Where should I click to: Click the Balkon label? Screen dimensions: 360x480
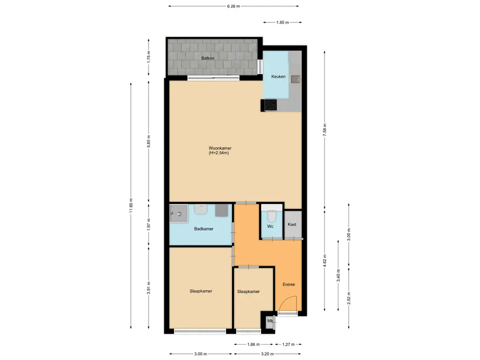208,58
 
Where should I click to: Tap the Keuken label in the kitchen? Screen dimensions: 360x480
278,77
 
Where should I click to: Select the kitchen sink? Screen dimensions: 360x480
295,79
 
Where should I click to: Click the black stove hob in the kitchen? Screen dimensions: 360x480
270,106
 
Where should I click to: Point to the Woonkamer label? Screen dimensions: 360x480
220,148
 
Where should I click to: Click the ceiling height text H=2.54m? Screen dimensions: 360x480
220,153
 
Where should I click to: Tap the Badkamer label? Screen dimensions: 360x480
204,229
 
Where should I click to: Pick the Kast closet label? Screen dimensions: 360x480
292,225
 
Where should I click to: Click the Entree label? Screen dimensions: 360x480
289,285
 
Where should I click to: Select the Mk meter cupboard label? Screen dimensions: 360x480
270,321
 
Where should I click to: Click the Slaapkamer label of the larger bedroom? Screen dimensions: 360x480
201,291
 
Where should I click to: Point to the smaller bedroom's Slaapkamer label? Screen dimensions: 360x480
248,292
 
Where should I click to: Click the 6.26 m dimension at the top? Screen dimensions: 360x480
233,6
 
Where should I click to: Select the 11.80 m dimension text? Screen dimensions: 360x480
131,204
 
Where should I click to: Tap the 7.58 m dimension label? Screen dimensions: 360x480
325,128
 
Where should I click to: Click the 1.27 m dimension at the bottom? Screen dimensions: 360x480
288,345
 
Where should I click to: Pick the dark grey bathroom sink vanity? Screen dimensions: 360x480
221,210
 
